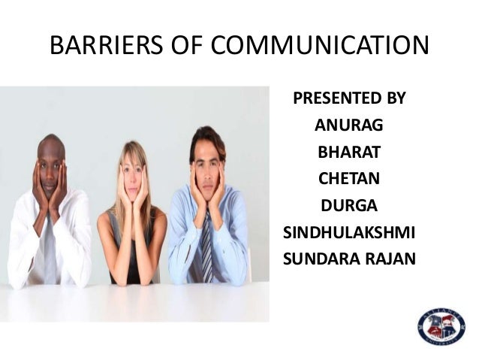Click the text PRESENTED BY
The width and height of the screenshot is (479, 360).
[349, 98]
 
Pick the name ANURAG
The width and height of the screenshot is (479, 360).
[349, 126]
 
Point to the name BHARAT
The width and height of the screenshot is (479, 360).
[349, 153]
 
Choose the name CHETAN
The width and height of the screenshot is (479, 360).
[349, 179]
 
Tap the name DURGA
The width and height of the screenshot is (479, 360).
[349, 206]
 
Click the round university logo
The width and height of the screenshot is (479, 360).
[441, 325]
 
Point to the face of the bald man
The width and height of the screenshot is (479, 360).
[50, 167]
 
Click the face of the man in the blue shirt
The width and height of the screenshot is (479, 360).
[206, 165]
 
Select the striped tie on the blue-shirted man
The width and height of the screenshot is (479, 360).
[206, 248]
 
